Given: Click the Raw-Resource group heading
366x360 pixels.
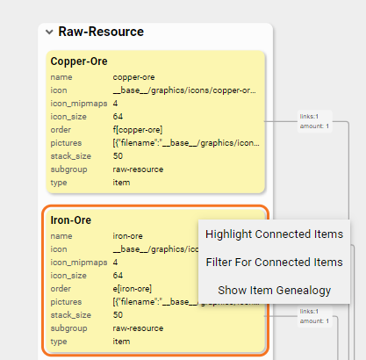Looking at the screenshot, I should [101, 32].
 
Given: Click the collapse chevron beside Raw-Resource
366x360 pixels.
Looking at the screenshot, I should [48, 32].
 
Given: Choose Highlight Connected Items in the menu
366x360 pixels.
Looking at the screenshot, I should [274, 234].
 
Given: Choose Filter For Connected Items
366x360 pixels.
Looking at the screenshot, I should [274, 263].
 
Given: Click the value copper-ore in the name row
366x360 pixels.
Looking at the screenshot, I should [134, 77].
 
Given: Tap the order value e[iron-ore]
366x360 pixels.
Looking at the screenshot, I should [134, 288].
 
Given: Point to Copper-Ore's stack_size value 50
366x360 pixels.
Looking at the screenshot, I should [118, 156].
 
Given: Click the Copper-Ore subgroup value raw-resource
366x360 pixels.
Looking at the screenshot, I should [139, 169].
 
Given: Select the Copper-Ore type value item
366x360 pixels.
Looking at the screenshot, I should [121, 183].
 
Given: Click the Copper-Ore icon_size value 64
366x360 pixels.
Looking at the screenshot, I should [118, 117].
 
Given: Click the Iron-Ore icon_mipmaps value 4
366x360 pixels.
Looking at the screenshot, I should [115, 262].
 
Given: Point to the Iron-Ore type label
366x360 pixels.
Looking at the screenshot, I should [59, 341].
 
